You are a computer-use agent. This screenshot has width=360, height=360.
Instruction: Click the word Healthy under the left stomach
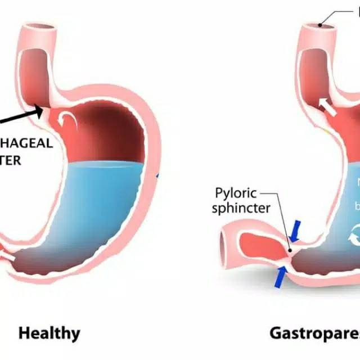point(49,333)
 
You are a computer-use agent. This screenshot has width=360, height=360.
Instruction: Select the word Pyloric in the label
point(236,193)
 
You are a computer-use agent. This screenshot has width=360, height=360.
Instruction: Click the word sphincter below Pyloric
point(243,208)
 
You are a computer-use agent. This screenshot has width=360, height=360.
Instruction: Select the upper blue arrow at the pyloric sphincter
point(295,229)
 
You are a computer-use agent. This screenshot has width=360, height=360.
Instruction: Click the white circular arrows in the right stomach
point(354,236)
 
